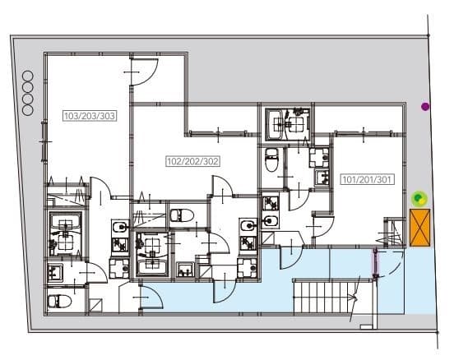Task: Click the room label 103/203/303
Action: coord(90,116)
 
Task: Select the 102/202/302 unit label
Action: coord(192,161)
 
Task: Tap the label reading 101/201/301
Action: coord(367,179)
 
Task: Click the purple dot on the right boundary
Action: coord(425,106)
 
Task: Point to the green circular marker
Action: coord(419,199)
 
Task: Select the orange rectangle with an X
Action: coord(419,228)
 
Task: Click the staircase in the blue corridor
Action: coord(326,297)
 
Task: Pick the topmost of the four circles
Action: coord(27,76)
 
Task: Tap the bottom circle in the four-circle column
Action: coord(27,110)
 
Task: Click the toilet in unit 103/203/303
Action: coord(59,302)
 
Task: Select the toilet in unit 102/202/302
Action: coord(182,215)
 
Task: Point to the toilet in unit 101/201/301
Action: coord(271,159)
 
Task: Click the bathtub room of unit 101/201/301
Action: coord(288,123)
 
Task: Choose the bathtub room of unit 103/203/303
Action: coord(66,234)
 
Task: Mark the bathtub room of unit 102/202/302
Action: coord(151,254)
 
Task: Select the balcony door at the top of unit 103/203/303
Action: coord(144,72)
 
